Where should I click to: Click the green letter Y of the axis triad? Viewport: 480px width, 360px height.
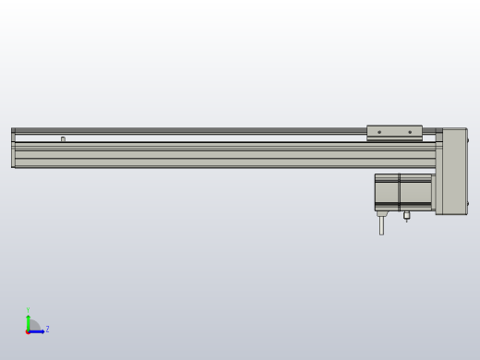coord(28,310)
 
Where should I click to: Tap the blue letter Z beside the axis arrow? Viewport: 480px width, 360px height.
coord(47,329)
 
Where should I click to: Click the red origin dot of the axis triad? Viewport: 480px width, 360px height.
coord(28,330)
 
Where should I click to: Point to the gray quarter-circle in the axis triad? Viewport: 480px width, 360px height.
coord(33,325)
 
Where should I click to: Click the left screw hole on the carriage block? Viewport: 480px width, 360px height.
coord(379,132)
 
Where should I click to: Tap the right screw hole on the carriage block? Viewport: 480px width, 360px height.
coord(410,132)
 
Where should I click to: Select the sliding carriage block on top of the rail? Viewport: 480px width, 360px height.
coord(394,133)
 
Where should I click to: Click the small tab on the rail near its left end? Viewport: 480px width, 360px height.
coord(63,139)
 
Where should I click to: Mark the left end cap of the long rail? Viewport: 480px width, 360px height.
coord(13,148)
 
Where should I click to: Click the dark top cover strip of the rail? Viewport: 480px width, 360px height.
coord(185,130)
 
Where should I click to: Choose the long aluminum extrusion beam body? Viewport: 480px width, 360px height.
coord(222,155)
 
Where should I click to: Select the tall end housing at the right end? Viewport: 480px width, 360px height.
coord(453,171)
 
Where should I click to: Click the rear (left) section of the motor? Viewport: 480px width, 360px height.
coord(386,191)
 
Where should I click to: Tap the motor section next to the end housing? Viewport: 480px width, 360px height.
coord(415,191)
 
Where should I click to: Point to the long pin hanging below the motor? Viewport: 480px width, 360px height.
coord(381,223)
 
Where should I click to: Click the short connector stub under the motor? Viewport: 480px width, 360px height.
coord(406,216)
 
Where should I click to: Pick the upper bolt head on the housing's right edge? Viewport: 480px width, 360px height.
coord(467,140)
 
